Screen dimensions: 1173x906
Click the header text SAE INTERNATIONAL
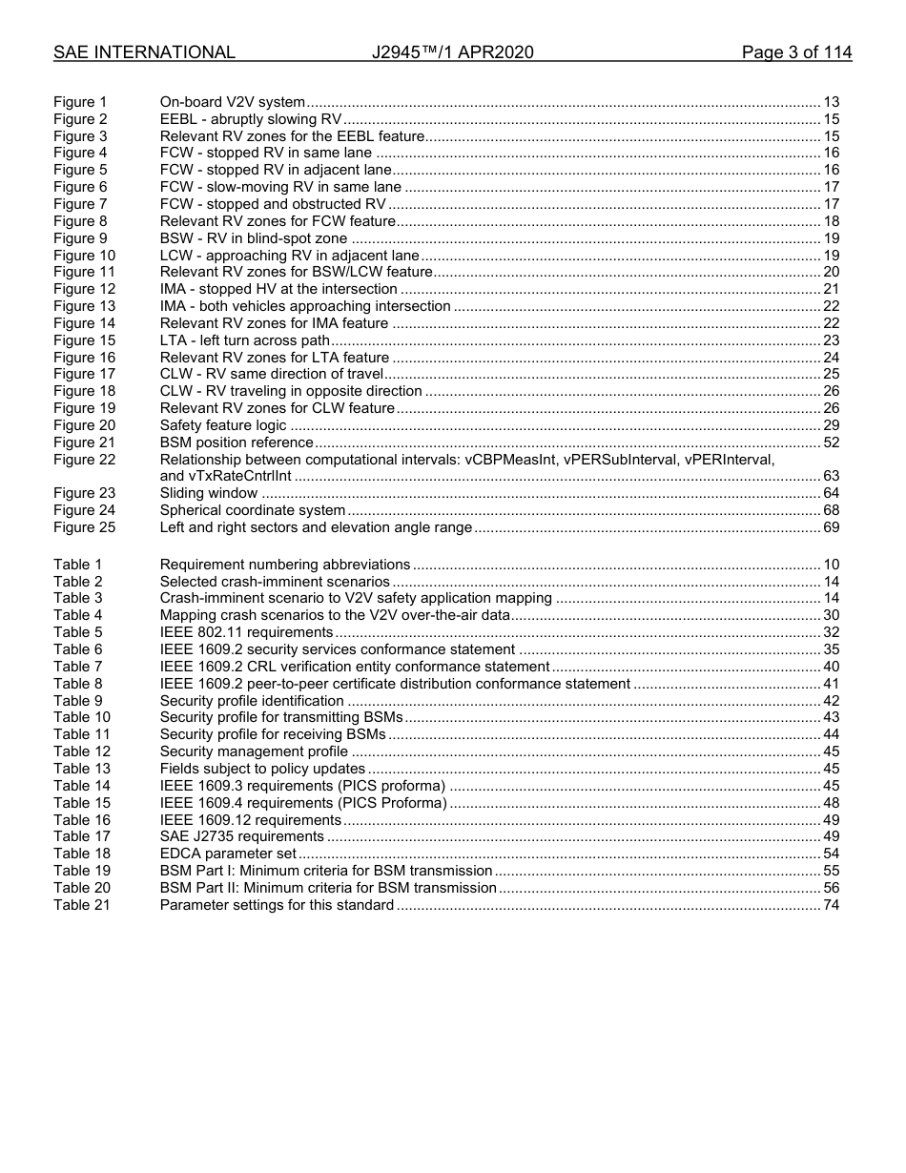click(144, 52)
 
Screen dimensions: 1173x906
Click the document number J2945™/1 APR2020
click(452, 52)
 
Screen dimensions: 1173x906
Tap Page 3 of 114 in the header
click(796, 52)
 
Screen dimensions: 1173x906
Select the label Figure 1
click(80, 102)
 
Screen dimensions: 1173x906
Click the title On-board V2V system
click(232, 102)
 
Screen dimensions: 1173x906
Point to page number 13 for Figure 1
click(831, 102)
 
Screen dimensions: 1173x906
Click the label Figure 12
click(84, 289)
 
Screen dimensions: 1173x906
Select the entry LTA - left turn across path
click(245, 340)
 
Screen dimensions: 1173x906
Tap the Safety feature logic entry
click(222, 425)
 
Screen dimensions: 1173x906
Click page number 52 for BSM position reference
click(831, 442)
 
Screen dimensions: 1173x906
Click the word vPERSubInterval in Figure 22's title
click(622, 460)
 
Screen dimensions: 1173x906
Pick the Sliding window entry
click(208, 493)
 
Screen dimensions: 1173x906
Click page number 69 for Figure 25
click(831, 527)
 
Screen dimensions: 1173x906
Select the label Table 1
click(77, 565)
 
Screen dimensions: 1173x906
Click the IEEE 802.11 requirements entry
click(246, 632)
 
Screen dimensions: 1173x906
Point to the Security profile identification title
click(252, 701)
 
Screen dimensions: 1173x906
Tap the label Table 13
click(81, 769)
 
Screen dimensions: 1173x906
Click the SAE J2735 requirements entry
click(241, 836)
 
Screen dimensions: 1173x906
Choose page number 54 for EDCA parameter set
click(831, 854)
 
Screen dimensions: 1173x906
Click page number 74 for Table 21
click(831, 905)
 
